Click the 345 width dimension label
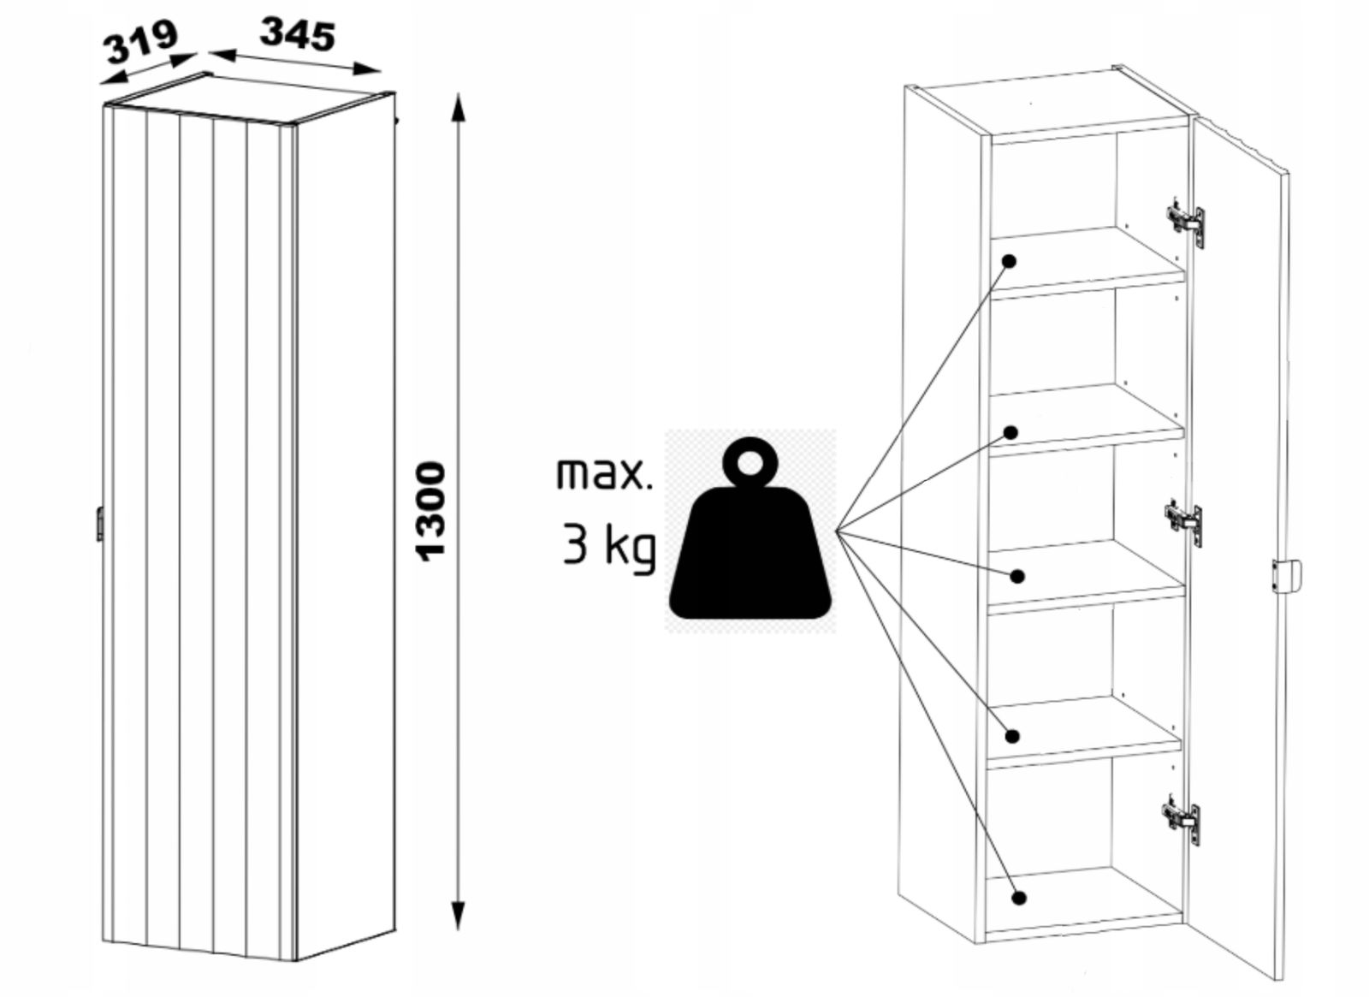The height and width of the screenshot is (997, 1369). coord(297,36)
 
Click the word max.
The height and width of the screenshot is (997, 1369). coord(603,473)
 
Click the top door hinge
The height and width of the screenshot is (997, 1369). coord(1185,220)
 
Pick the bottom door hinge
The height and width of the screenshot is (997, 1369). coord(1182,816)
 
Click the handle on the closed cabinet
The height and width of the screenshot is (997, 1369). coord(99,524)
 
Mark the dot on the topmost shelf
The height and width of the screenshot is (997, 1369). coord(1010,261)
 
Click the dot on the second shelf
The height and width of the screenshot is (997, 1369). coord(1010,433)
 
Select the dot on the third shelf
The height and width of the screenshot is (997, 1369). coord(1016,576)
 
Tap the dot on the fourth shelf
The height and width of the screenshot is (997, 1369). coord(1014,735)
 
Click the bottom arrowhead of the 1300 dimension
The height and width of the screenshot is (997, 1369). coord(459,916)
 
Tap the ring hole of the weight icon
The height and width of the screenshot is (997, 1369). coord(750,463)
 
